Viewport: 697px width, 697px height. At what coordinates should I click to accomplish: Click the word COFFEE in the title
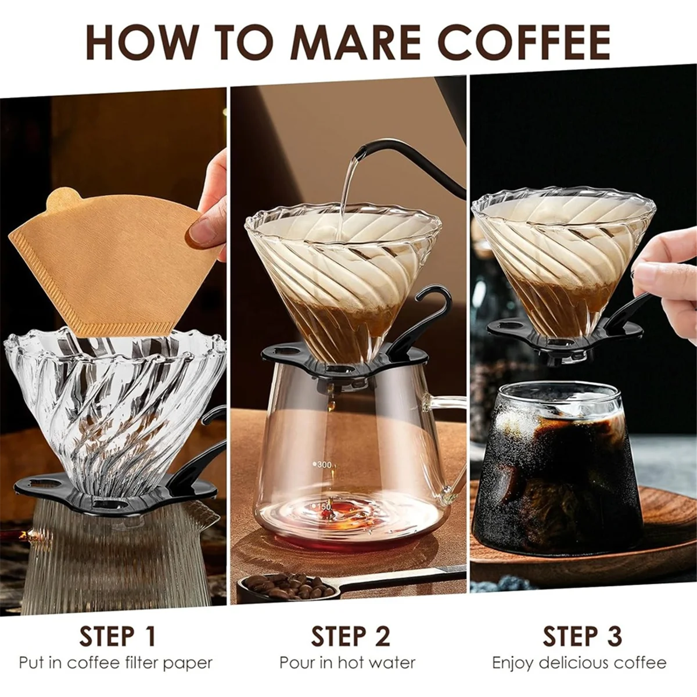[x=524, y=41]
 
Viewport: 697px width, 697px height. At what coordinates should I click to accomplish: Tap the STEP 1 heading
[x=118, y=636]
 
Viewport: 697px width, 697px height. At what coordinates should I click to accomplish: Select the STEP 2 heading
[x=350, y=636]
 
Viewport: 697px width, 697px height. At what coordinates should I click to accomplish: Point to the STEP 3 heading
[x=582, y=636]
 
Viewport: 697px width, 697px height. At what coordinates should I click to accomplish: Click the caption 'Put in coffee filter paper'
[x=116, y=663]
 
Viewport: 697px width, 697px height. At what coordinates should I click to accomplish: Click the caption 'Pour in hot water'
[x=347, y=663]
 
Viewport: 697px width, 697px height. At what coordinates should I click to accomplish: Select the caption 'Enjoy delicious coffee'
[x=579, y=663]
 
